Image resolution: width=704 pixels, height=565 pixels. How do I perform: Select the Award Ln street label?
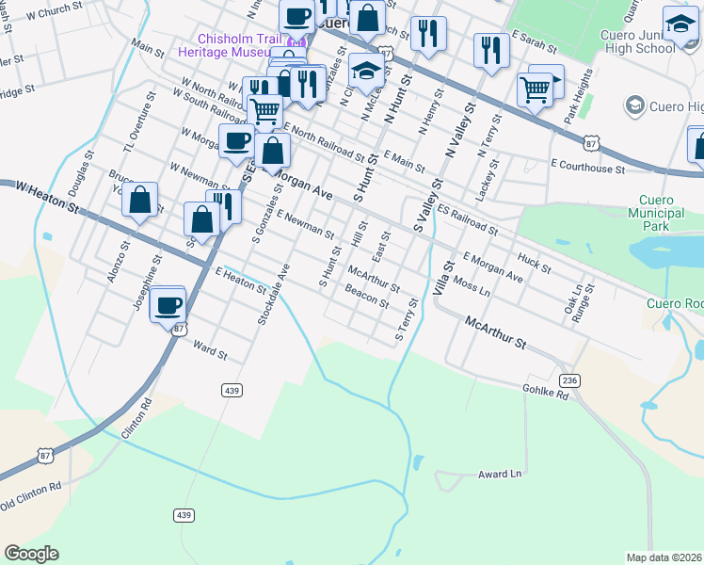pyautogui.click(x=499, y=474)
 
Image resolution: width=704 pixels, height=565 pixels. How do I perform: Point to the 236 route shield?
pyautogui.click(x=568, y=379)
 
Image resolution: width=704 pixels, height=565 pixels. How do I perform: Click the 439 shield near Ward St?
pyautogui.click(x=232, y=389)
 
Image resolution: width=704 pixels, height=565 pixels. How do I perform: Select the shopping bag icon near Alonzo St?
pyautogui.click(x=139, y=200)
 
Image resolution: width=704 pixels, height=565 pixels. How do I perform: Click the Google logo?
pyautogui.click(x=32, y=553)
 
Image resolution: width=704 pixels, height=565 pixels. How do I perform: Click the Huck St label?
pyautogui.click(x=534, y=262)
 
